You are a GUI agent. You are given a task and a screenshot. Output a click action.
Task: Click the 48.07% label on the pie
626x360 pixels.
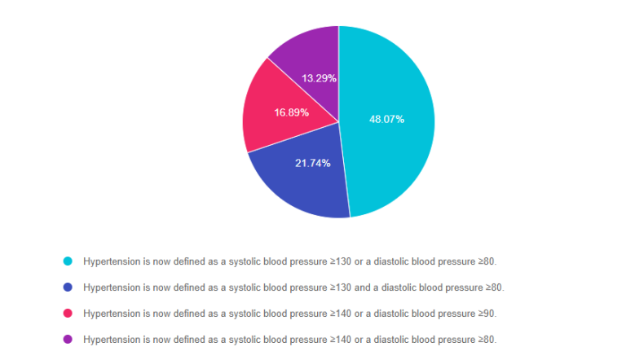pyautogui.click(x=386, y=119)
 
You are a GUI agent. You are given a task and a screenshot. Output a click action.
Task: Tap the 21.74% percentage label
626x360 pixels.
pyautogui.click(x=312, y=163)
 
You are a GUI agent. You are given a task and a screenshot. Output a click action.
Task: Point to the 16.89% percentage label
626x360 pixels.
pyautogui.click(x=291, y=112)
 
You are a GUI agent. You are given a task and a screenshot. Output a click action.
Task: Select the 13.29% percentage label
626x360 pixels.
pyautogui.click(x=319, y=78)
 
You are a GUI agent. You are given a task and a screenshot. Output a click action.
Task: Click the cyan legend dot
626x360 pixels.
pyautogui.click(x=68, y=261)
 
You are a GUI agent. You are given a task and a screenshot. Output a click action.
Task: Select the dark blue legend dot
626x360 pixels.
pyautogui.click(x=68, y=288)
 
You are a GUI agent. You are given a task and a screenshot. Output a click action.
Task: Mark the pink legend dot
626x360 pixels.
pyautogui.click(x=68, y=314)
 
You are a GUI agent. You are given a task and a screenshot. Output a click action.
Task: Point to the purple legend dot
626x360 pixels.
pyautogui.click(x=68, y=340)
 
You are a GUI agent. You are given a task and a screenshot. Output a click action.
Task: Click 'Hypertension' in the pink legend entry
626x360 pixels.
pyautogui.click(x=109, y=314)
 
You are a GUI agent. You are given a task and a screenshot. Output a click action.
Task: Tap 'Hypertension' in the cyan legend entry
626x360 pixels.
pyautogui.click(x=109, y=261)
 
